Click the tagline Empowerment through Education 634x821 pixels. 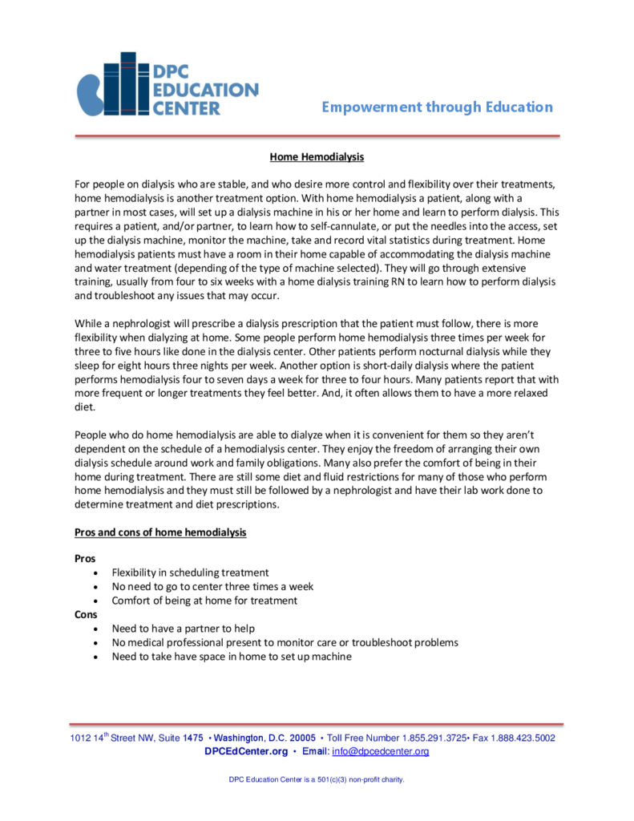coord(437,107)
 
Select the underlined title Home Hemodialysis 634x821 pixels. coord(317,157)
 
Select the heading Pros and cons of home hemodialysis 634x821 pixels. coord(160,532)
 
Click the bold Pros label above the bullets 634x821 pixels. coord(85,558)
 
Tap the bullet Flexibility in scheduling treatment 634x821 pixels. coord(190,572)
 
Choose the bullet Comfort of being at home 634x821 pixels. coord(204,601)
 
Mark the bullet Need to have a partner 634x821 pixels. coord(184,629)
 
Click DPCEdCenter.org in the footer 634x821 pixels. coord(246,751)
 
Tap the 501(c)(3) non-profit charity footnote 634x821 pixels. coord(317,779)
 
